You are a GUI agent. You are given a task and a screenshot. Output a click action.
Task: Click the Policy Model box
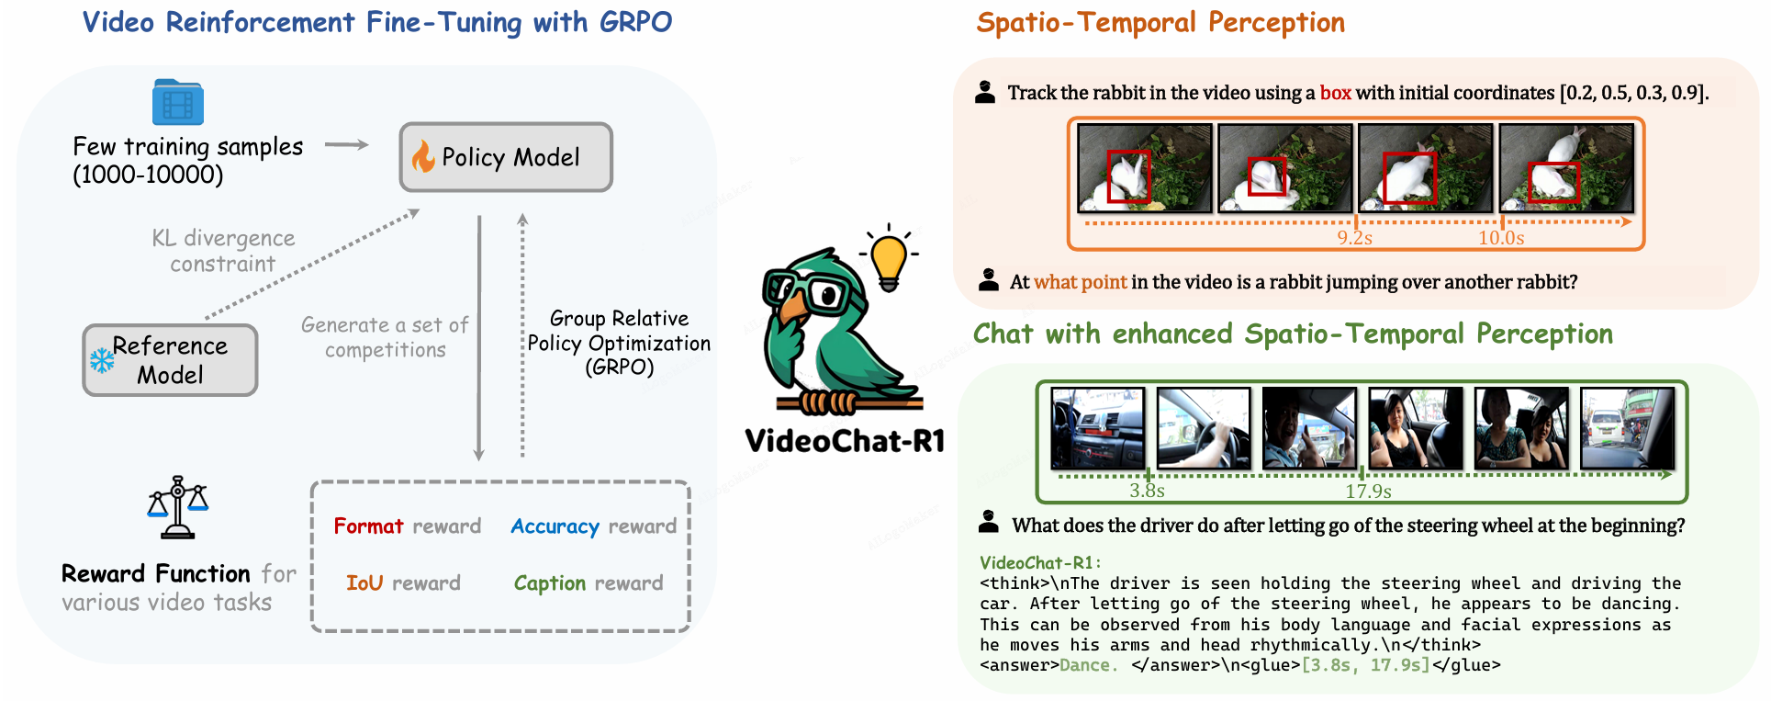506,157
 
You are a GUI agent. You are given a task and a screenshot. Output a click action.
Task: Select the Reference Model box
170,360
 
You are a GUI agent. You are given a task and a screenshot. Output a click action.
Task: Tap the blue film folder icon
178,101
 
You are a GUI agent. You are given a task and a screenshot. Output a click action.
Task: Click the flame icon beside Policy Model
423,156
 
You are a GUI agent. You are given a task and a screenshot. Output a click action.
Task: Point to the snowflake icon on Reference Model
102,360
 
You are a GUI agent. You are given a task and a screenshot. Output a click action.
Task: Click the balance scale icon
178,507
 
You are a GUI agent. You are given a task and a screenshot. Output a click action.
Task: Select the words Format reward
408,526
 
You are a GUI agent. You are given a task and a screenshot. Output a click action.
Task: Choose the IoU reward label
403,583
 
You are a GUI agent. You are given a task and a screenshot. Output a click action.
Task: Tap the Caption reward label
588,584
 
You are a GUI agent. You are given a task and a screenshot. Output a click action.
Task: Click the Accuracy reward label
594,526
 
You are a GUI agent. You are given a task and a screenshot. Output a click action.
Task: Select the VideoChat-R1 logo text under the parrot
845,442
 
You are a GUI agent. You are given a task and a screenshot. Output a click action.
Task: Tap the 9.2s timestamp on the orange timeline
1355,238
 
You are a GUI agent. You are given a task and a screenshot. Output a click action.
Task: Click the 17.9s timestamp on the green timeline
1368,492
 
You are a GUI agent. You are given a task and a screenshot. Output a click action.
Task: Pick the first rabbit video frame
1145,168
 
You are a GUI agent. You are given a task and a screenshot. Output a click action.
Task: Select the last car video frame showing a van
1627,428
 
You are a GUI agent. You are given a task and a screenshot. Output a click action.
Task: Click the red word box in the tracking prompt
1335,93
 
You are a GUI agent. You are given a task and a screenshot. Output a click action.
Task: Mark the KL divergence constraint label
223,251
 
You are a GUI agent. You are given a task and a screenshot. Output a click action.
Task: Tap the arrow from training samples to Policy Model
347,144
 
